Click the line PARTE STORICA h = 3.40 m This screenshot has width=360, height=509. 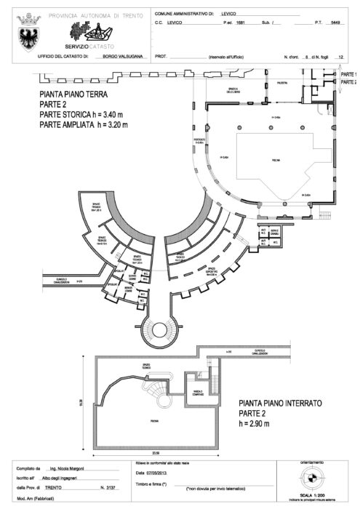(85, 115)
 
